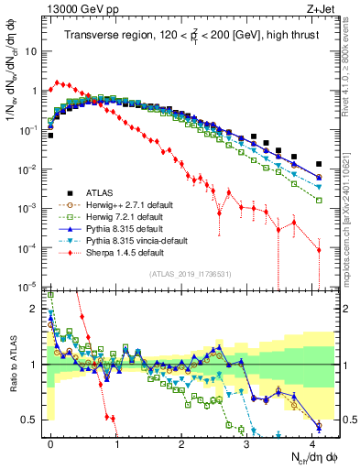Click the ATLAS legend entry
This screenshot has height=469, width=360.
tap(99, 192)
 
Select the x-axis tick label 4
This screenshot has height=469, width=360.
tap(311, 442)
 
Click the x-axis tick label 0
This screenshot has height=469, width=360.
tap(50, 442)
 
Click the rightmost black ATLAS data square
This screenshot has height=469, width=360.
tap(319, 164)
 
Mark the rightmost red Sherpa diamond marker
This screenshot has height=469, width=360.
tap(319, 249)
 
